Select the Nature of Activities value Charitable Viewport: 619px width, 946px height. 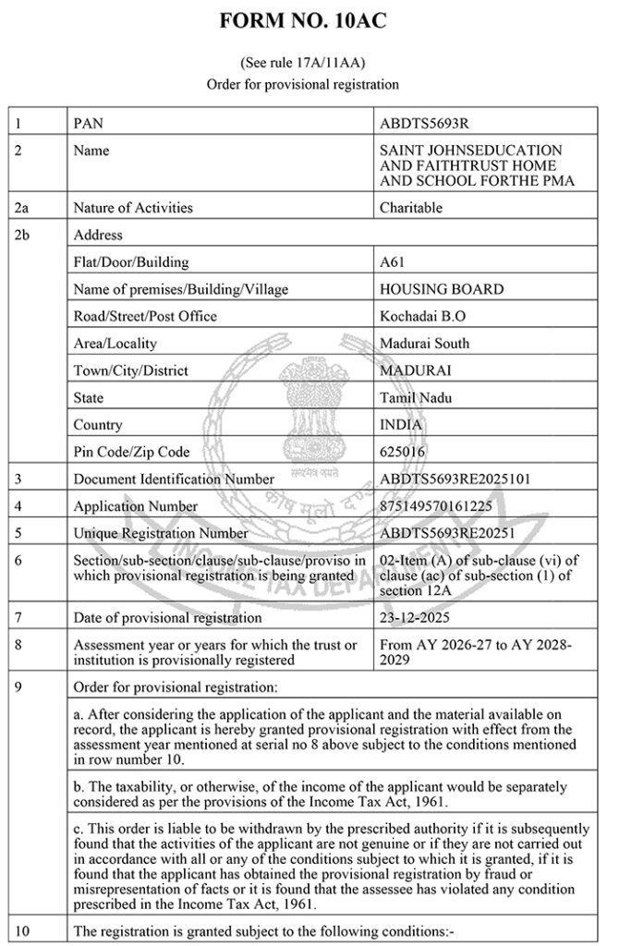click(x=411, y=208)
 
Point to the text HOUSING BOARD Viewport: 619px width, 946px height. click(x=442, y=289)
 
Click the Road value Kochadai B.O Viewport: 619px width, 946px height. click(x=423, y=316)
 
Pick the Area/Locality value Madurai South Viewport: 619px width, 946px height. click(x=424, y=344)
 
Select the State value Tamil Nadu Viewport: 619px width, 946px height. click(x=416, y=398)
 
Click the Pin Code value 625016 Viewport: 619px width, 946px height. click(x=404, y=452)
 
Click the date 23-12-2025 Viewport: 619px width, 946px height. click(x=417, y=617)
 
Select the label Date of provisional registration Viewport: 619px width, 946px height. click(x=167, y=617)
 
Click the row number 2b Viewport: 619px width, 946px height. click(x=24, y=236)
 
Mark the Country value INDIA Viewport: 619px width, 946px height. click(x=401, y=425)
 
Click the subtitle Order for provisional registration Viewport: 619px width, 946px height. click(x=303, y=85)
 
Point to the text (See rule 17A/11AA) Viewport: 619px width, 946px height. click(x=303, y=64)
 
